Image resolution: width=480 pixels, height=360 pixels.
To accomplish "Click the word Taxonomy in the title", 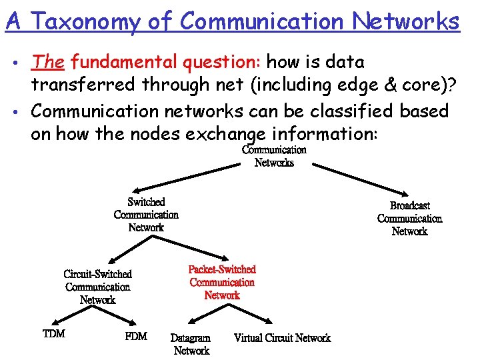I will click(85, 21).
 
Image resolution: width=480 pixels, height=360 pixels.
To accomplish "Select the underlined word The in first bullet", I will click(47, 62).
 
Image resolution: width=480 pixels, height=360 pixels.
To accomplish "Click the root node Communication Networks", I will click(274, 156).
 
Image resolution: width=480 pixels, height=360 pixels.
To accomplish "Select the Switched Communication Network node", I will click(146, 215).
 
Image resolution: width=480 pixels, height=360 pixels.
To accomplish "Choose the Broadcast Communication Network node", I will click(409, 219).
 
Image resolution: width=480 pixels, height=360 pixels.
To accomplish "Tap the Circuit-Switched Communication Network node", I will click(98, 287).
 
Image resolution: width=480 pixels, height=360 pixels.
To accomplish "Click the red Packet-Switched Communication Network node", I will click(222, 282).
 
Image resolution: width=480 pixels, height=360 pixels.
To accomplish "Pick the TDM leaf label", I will click(54, 333).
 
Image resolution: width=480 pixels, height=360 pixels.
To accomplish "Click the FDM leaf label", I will click(136, 335).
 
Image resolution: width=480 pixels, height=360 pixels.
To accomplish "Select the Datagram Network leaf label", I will click(191, 344).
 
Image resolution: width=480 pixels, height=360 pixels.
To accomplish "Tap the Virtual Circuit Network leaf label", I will click(282, 338).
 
